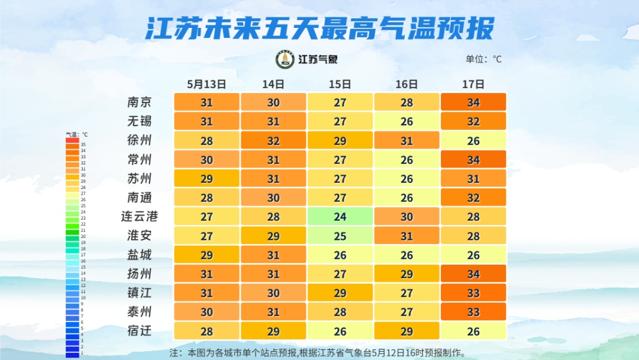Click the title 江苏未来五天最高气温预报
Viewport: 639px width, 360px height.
tap(319, 28)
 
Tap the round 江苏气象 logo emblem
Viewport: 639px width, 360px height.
tap(285, 59)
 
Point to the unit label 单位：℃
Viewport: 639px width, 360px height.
tap(483, 59)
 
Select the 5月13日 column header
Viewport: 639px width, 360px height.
tap(206, 84)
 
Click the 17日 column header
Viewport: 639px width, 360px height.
tap(473, 84)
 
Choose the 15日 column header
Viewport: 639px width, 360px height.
tap(340, 84)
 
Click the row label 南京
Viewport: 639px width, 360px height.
tap(140, 102)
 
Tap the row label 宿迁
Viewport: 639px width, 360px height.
tap(140, 331)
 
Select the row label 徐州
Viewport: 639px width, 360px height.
tap(140, 140)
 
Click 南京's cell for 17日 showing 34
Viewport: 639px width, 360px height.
tap(473, 102)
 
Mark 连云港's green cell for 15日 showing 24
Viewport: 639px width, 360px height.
tap(340, 217)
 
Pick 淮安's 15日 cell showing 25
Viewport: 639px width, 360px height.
tap(340, 236)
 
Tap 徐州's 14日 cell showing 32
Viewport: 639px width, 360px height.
tap(273, 140)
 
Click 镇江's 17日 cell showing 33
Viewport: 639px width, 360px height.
tap(473, 292)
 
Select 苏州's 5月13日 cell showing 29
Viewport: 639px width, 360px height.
tap(206, 178)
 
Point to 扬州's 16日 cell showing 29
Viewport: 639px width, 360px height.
tap(406, 274)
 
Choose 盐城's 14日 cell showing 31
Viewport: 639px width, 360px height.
tap(273, 255)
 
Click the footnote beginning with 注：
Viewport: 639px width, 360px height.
tap(318, 353)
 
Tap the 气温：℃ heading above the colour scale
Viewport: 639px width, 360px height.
tap(76, 134)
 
